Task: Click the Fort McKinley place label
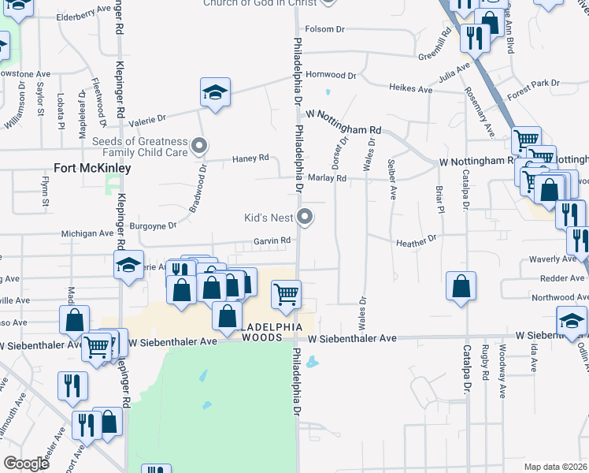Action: coord(92,168)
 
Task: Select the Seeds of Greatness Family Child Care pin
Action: coord(199,146)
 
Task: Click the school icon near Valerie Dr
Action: coord(215,93)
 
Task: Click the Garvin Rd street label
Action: coord(272,241)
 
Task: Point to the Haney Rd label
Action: coord(250,158)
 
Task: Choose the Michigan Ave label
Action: coord(87,234)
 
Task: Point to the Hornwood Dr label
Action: coord(332,75)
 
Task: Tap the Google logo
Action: coord(26,464)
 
